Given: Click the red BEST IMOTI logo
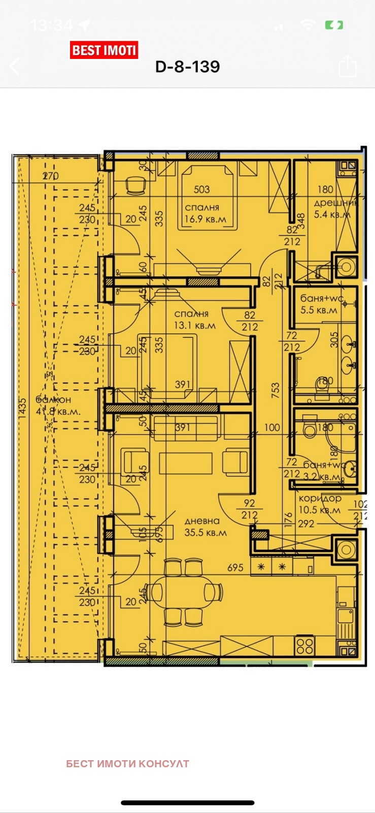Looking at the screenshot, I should (x=104, y=50).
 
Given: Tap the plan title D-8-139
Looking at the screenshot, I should (x=187, y=67).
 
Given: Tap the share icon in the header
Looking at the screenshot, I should (x=348, y=66).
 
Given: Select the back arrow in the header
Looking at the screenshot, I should (x=14, y=66).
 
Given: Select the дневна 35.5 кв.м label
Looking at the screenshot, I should (x=205, y=526).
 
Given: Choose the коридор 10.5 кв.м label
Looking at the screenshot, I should (x=320, y=504).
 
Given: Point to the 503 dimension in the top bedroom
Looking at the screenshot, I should (x=201, y=190).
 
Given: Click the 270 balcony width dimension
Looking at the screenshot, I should (x=50, y=176).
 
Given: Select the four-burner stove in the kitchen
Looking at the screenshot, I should (x=305, y=645).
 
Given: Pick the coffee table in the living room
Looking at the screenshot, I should (x=186, y=462).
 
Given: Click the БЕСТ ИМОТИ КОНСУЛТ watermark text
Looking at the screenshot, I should (x=127, y=764).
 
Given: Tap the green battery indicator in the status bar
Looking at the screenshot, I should (x=334, y=24).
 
